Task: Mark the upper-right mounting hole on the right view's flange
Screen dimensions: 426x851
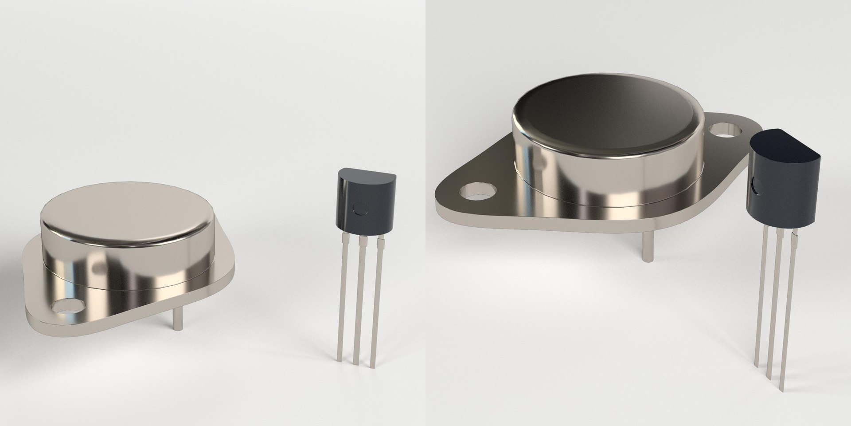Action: click(x=723, y=131)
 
